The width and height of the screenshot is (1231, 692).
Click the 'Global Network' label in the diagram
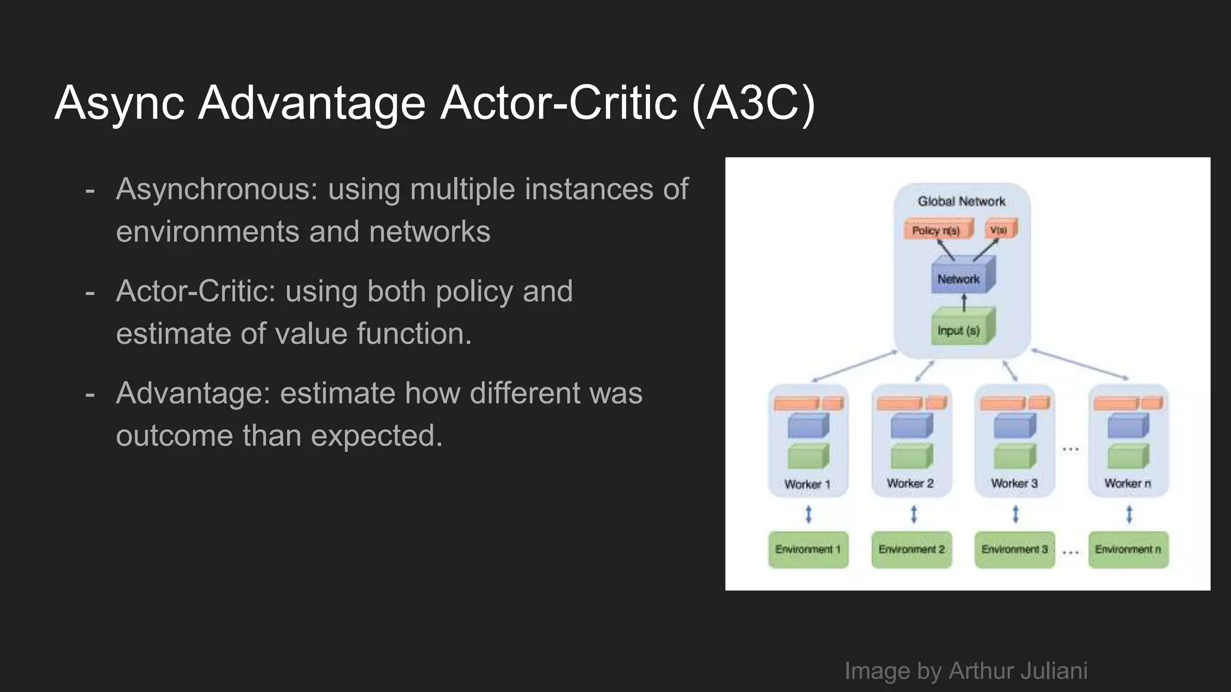[x=961, y=201]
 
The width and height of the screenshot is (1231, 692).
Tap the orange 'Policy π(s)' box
[x=936, y=230]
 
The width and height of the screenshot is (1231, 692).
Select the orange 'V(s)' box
[x=1000, y=229]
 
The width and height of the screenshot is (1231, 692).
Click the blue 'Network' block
[x=960, y=279]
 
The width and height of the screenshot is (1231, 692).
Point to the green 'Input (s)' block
[x=960, y=330]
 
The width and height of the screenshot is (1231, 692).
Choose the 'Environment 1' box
[x=808, y=550]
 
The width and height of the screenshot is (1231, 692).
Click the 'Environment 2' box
[x=911, y=550]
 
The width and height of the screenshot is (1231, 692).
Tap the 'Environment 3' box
[x=1014, y=550]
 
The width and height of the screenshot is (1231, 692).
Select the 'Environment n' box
[x=1128, y=550]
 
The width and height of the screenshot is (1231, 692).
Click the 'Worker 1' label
[x=807, y=484]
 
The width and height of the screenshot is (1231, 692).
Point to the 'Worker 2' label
[x=910, y=484]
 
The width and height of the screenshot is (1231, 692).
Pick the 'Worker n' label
[x=1128, y=484]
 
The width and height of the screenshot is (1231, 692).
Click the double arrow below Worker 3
[x=1015, y=514]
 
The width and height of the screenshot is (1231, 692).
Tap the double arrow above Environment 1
[x=808, y=514]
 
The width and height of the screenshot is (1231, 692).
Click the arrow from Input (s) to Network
[x=964, y=302]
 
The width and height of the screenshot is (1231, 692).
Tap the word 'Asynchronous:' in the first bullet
[x=216, y=189]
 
